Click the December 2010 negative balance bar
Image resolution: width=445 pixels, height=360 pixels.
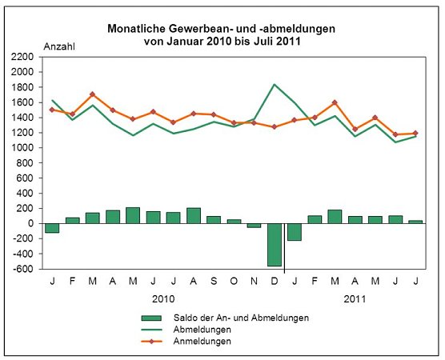pos(275,245)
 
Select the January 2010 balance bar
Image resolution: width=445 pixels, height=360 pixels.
pos(52,228)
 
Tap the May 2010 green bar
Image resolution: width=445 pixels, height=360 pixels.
pos(133,215)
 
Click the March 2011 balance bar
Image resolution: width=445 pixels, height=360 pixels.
pos(335,217)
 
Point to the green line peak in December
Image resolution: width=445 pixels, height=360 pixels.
pos(275,84)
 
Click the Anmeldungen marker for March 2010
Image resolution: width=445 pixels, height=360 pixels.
pos(93,94)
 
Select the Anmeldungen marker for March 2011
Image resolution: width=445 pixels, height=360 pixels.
pos(335,102)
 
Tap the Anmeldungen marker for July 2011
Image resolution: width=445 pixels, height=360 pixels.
pos(415,133)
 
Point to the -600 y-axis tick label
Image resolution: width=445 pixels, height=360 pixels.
pos(22,270)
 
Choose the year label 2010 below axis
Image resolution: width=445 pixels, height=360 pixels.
pos(163,298)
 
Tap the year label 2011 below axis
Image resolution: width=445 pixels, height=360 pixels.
pos(355,298)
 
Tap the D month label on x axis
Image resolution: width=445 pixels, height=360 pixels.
pos(275,281)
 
